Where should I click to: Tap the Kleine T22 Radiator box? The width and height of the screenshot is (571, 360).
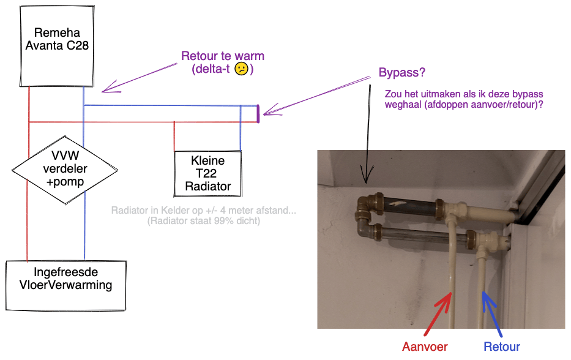(207, 173)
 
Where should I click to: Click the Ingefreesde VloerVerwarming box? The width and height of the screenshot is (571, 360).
(66, 284)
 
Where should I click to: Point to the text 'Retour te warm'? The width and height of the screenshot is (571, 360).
(223, 56)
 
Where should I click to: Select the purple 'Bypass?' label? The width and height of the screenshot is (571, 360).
(402, 73)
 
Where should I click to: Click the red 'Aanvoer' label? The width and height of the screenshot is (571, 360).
(425, 347)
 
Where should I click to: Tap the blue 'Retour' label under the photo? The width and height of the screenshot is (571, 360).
(502, 347)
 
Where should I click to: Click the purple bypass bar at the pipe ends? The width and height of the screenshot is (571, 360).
(258, 114)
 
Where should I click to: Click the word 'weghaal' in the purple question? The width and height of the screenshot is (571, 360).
(404, 105)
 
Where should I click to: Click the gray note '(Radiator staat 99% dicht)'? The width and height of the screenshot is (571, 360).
(204, 221)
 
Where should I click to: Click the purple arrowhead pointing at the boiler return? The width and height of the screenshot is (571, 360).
(105, 90)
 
